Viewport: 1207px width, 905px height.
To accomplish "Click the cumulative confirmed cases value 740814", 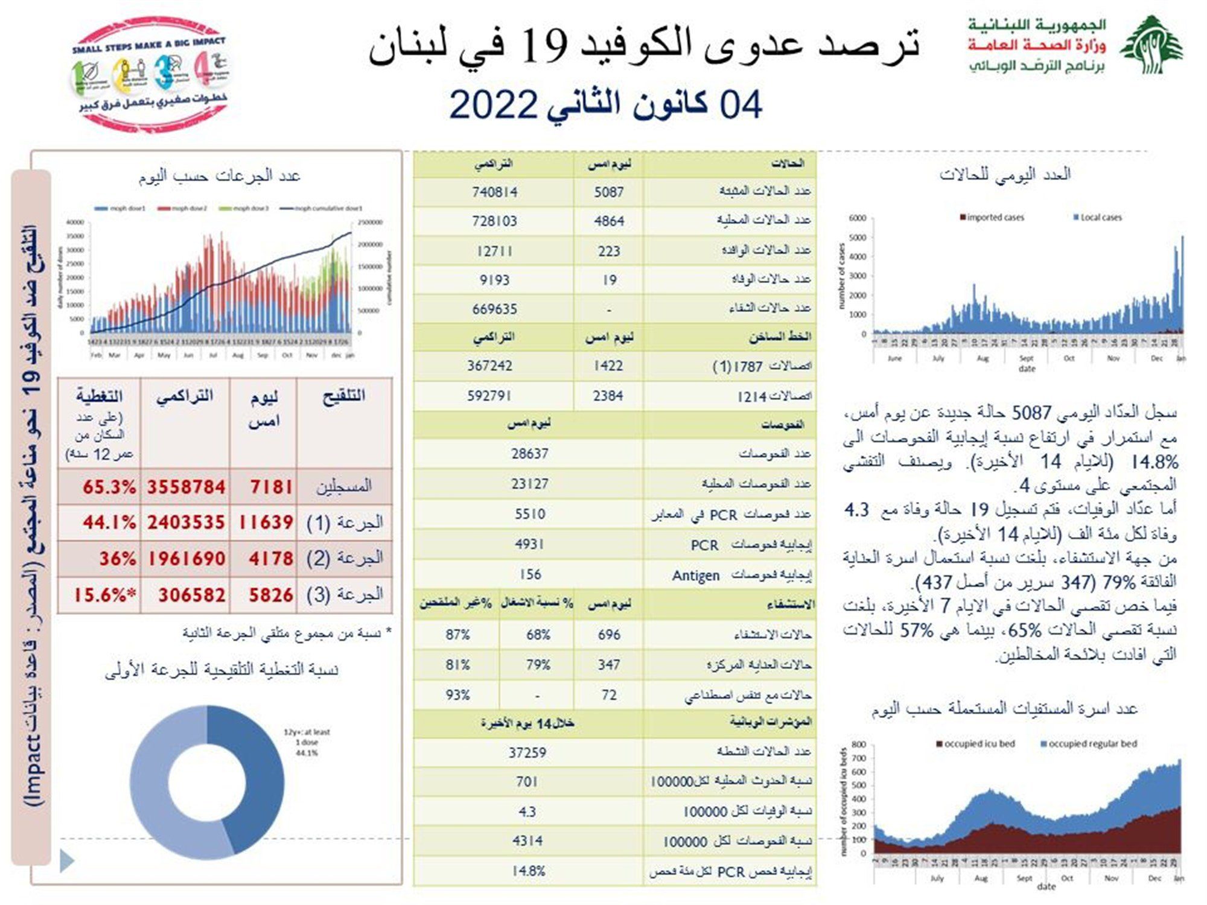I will click(495, 192).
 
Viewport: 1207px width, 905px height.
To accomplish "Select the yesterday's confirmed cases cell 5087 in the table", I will click(608, 192).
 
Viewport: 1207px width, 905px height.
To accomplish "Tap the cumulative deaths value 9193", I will click(495, 280).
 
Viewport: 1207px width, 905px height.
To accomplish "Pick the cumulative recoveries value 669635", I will click(495, 309).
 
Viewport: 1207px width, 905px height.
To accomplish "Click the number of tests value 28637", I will click(529, 454).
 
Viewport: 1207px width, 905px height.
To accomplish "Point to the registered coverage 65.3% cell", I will click(109, 487).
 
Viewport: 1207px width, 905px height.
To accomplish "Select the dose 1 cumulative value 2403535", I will click(186, 522).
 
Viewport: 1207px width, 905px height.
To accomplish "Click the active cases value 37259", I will click(527, 752).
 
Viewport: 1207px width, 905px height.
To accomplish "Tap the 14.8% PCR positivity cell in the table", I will click(528, 871).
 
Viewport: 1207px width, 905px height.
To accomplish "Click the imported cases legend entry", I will click(992, 217).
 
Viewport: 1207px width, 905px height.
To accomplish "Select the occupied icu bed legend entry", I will click(975, 744).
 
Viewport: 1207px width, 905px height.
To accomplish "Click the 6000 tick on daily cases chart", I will click(857, 218).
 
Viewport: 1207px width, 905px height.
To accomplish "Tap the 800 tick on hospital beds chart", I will click(859, 745).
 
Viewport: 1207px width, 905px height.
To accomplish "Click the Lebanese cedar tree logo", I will click(1151, 45).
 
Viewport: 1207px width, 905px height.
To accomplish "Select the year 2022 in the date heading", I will click(493, 105).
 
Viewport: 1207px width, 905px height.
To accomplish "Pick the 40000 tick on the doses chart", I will click(75, 222).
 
